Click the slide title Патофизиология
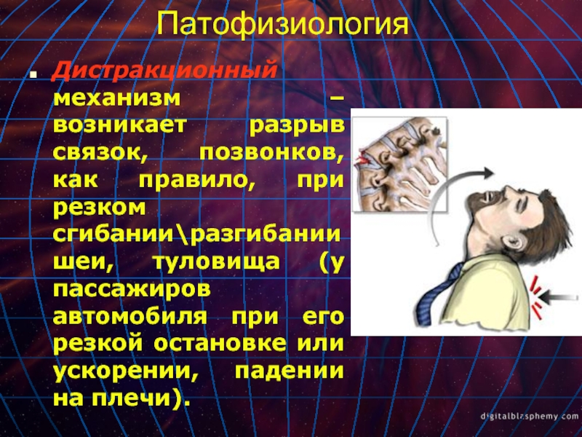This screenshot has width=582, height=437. click(283, 25)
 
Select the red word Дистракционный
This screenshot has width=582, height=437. click(164, 71)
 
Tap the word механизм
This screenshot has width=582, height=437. click(117, 98)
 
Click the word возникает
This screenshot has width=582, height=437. click(119, 125)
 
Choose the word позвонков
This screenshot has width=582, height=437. click(271, 153)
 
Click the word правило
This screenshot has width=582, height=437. click(194, 181)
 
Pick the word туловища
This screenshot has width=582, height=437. click(216, 262)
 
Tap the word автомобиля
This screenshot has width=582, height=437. click(130, 317)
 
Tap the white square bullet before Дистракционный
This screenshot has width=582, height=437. click(33, 75)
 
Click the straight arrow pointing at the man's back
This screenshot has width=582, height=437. click(557, 297)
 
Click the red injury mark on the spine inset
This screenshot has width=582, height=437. click(362, 159)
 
